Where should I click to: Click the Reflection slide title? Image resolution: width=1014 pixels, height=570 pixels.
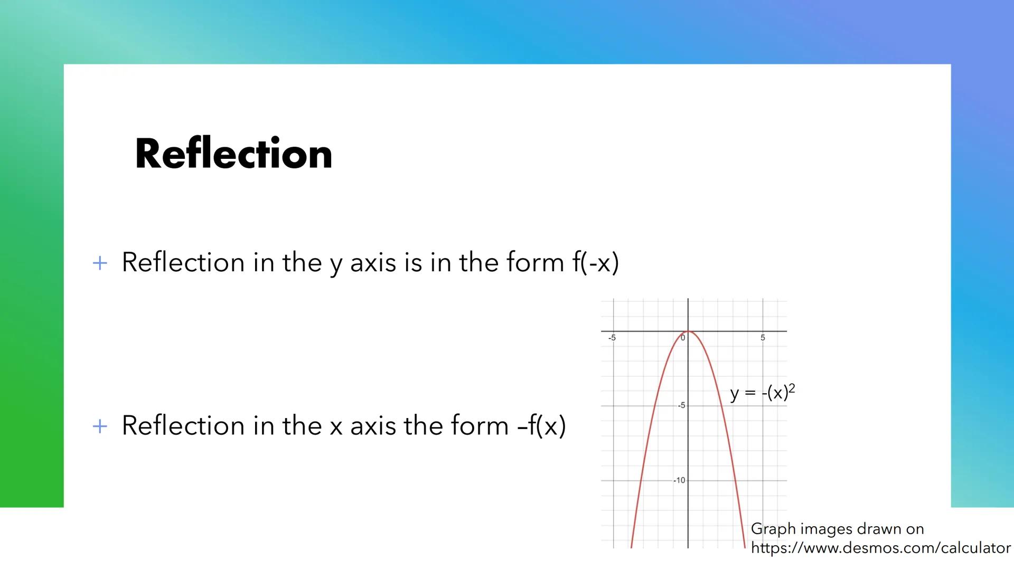[233, 154]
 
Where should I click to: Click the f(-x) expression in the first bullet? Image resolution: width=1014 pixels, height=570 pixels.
[595, 262]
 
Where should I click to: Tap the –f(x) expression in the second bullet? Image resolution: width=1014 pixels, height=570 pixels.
[541, 425]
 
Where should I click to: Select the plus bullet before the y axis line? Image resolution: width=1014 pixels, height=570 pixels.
[100, 263]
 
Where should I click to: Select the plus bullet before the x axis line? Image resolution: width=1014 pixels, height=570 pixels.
[100, 426]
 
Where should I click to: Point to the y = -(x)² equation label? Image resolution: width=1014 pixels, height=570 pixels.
[762, 393]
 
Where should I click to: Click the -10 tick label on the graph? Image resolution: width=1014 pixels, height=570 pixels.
[679, 480]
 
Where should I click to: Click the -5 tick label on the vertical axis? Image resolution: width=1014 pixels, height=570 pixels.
[681, 405]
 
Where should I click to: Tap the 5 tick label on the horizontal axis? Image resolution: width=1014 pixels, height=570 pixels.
[763, 338]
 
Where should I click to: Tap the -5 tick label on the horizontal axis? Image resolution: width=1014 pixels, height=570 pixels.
[612, 338]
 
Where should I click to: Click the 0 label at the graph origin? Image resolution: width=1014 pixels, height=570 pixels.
[683, 338]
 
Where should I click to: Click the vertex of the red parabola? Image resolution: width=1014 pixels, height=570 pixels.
[688, 332]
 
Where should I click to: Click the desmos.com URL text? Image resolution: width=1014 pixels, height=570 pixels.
[880, 548]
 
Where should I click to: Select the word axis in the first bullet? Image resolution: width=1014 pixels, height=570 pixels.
[373, 262]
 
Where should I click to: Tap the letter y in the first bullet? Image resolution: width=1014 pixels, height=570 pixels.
[336, 264]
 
